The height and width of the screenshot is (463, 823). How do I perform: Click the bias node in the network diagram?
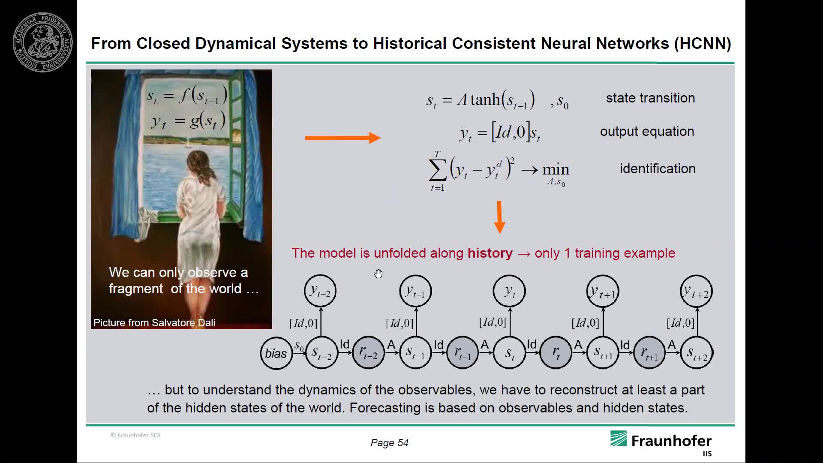click(276, 353)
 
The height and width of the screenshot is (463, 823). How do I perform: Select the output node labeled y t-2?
click(320, 291)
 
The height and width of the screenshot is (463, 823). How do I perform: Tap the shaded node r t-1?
click(462, 353)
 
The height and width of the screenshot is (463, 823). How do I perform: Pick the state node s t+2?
click(697, 353)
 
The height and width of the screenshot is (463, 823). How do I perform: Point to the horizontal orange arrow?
click(342, 138)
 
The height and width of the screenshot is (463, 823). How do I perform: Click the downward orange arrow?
click(499, 217)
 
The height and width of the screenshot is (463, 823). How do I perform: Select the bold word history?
click(490, 253)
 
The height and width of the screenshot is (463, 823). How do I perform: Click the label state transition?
click(650, 98)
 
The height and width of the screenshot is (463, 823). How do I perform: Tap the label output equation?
click(647, 132)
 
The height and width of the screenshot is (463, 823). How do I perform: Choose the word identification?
click(658, 168)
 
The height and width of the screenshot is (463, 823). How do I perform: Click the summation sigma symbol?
click(437, 171)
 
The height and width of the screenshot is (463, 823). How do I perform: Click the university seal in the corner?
click(43, 42)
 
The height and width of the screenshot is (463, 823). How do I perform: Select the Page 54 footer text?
click(389, 443)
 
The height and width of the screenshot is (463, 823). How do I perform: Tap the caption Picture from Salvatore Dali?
click(154, 323)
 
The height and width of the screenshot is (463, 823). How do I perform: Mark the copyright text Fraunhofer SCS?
click(135, 435)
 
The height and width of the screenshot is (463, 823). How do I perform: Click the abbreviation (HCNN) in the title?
click(703, 43)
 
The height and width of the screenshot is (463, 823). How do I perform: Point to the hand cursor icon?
click(378, 274)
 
